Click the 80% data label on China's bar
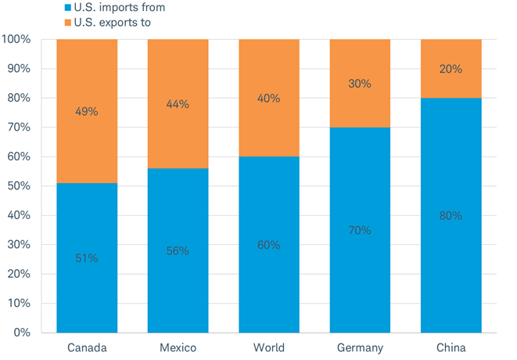[x=451, y=215]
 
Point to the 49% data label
[x=87, y=112]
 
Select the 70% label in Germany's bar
[x=360, y=230]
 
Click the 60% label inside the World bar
[x=268, y=245]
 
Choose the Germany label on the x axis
[x=360, y=347]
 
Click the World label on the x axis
[x=268, y=347]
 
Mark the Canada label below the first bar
[x=87, y=347]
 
